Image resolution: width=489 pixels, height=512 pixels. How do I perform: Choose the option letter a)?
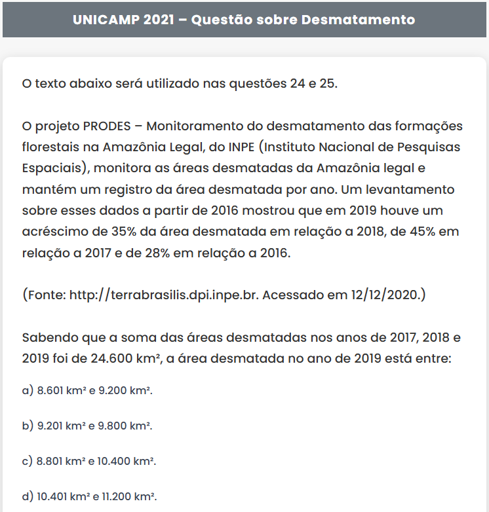click(x=28, y=391)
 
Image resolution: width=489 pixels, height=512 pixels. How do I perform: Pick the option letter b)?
click(x=28, y=426)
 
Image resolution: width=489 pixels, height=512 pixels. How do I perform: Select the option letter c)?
click(x=28, y=461)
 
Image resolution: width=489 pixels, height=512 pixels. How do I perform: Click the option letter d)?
click(x=28, y=496)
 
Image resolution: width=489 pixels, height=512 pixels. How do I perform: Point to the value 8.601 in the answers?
click(x=50, y=391)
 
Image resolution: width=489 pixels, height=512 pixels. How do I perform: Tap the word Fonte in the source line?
click(x=45, y=295)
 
